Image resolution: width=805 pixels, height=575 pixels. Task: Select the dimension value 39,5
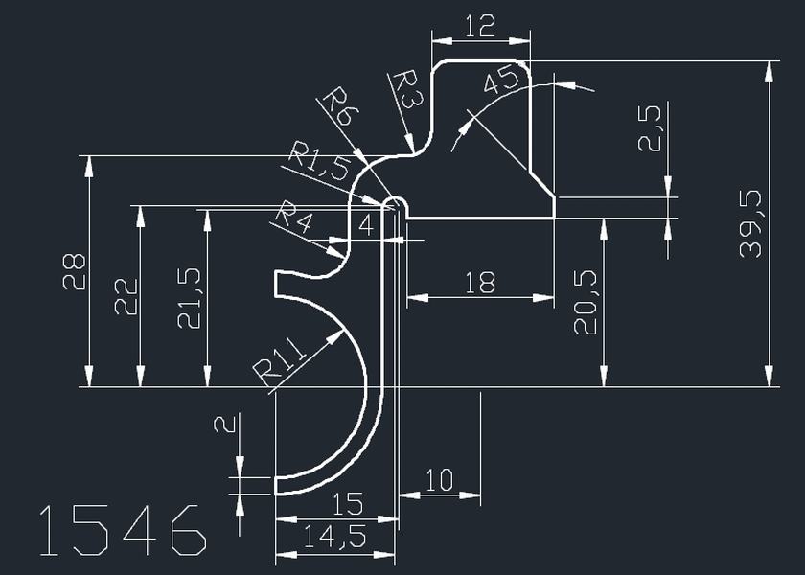click(x=750, y=222)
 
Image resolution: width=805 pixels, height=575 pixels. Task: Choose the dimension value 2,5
click(x=649, y=128)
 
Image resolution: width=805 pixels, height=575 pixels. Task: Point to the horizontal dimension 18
click(x=479, y=283)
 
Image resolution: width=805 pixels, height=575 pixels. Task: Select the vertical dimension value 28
click(x=74, y=271)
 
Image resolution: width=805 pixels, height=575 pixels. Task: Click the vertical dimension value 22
click(x=126, y=296)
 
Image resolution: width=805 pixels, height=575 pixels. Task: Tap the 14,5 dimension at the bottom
click(x=334, y=539)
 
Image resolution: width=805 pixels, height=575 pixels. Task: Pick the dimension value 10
click(x=438, y=480)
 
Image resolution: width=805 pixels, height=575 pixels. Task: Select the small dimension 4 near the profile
click(x=365, y=226)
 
